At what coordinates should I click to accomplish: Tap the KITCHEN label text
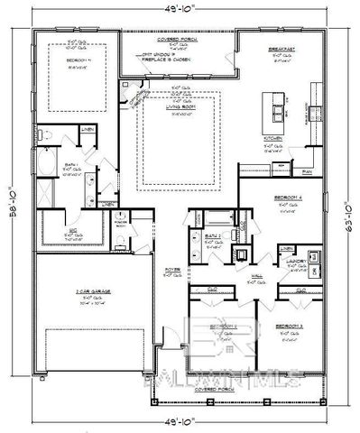pyautogui.click(x=273, y=138)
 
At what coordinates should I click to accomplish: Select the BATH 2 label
pyautogui.click(x=200, y=233)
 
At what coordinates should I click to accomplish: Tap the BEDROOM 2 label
pyautogui.click(x=223, y=325)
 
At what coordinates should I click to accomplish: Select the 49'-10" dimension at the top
pyautogui.click(x=181, y=8)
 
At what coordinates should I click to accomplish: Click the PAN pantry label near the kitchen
pyautogui.click(x=307, y=170)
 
